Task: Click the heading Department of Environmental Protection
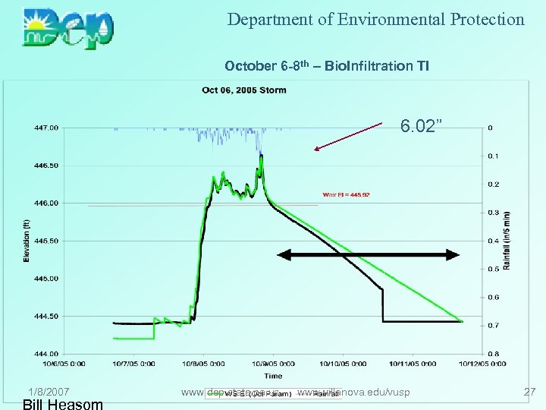point(376,20)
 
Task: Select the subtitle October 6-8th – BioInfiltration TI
point(327,66)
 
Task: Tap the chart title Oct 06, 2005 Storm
point(244,90)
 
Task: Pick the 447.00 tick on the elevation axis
point(43,128)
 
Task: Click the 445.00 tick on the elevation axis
point(43,278)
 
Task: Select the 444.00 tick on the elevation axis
point(43,353)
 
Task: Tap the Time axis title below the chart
point(273,375)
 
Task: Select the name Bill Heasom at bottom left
point(63,404)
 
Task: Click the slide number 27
point(529,392)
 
